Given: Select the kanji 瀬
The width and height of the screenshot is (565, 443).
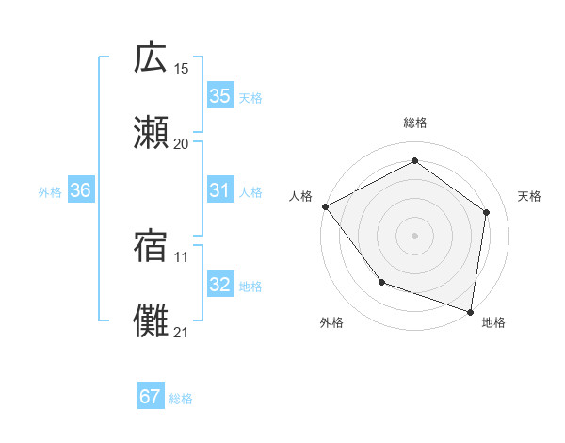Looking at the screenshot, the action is (151, 133).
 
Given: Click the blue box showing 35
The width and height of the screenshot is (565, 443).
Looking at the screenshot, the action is (219, 96).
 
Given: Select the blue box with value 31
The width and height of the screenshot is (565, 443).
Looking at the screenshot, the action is (219, 190).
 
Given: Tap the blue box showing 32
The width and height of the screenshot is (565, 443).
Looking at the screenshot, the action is (219, 285).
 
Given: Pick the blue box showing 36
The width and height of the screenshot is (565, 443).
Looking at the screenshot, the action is (81, 190).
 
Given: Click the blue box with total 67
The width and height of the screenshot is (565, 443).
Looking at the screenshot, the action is (151, 397).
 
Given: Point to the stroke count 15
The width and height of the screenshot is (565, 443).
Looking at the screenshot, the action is (182, 68).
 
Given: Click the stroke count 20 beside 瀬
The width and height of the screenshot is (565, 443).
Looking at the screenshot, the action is (182, 143).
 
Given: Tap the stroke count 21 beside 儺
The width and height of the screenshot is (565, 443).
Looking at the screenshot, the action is (182, 332).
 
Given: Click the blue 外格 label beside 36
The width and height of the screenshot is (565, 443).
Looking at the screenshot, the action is (50, 191).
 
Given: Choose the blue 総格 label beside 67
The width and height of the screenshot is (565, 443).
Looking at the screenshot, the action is (181, 399).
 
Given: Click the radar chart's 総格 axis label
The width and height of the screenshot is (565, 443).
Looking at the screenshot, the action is (414, 123).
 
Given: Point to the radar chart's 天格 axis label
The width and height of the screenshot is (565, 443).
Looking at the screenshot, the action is (529, 196).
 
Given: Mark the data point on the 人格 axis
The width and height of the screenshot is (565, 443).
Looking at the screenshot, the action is (325, 206).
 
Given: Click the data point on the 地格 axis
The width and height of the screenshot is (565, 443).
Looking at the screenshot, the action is (470, 311).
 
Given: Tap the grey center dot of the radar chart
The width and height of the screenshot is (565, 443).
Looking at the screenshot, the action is (414, 235).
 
